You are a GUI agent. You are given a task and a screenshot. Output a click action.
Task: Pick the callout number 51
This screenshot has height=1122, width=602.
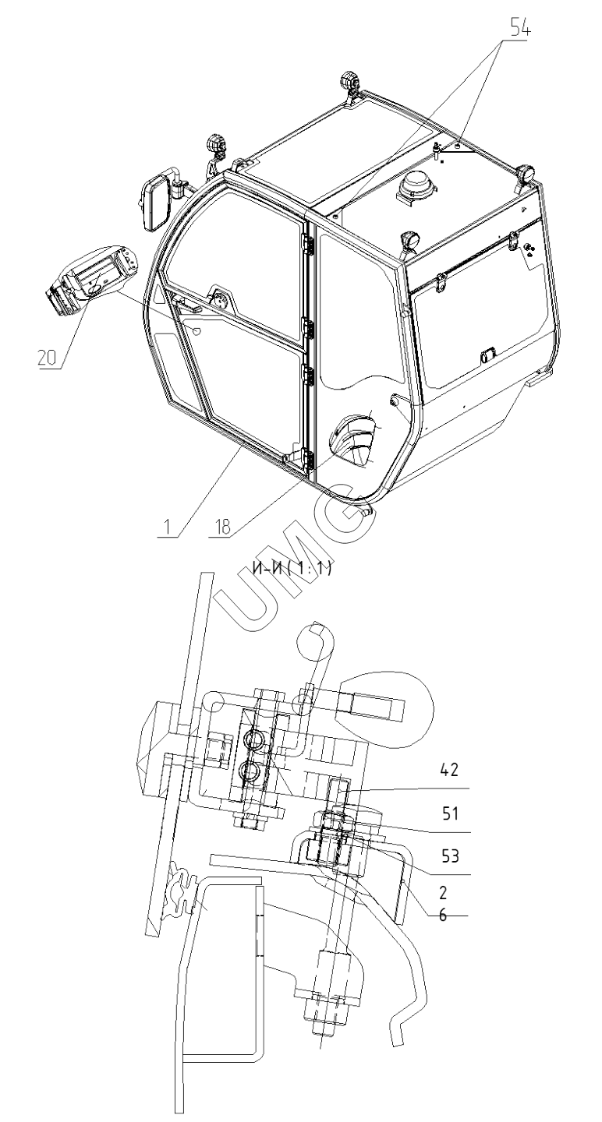(x=450, y=813)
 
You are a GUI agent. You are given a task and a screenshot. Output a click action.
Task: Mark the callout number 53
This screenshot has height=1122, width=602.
(x=450, y=856)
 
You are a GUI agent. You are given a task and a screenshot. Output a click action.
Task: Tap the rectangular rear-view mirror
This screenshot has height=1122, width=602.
(x=157, y=202)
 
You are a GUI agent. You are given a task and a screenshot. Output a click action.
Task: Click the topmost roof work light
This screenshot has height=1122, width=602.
(x=349, y=82)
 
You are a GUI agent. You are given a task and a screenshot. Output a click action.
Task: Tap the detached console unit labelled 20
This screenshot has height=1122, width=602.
(x=91, y=280)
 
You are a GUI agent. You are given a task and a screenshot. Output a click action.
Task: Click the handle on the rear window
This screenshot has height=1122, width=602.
(x=487, y=355)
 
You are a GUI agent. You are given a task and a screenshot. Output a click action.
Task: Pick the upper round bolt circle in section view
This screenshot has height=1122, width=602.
(x=255, y=739)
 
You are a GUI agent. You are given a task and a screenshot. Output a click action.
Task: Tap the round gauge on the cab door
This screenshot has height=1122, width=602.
(x=219, y=300)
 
